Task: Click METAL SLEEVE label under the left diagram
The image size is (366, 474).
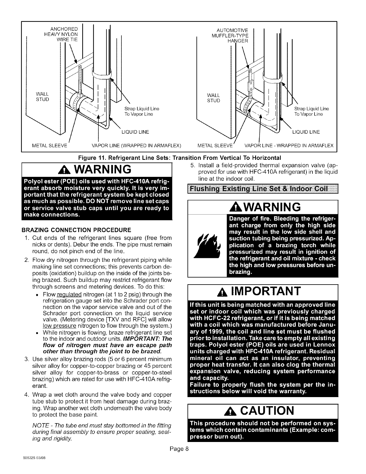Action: tap(50, 146)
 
